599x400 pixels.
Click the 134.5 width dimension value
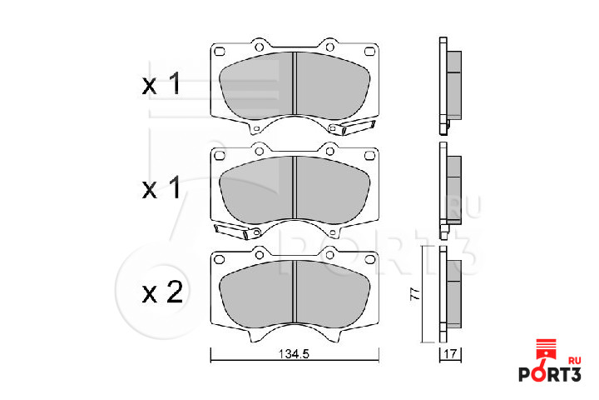click(294, 354)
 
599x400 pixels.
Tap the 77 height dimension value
click(415, 294)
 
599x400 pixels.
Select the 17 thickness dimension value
click(450, 354)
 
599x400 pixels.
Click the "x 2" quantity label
click(163, 292)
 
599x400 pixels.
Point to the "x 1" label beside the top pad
click(161, 84)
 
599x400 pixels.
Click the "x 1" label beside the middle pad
click(161, 187)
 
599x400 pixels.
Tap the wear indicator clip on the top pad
click(352, 127)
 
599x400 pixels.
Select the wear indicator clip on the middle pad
click(237, 231)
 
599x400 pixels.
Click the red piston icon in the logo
click(548, 350)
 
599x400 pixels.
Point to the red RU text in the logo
click(574, 361)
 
